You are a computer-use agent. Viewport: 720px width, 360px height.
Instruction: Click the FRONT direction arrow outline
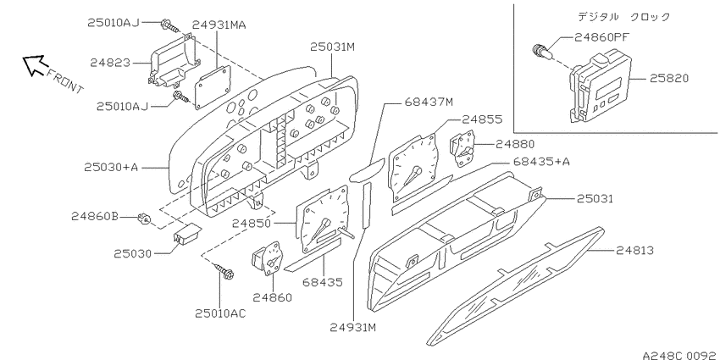point(33,65)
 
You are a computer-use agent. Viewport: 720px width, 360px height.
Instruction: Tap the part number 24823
point(111,63)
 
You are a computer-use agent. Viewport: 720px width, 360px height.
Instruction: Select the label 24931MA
point(219,25)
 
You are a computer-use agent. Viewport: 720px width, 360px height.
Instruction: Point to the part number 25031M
point(332,47)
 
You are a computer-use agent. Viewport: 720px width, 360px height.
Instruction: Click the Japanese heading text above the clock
point(624,17)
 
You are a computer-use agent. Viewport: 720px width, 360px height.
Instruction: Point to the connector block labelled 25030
point(186,233)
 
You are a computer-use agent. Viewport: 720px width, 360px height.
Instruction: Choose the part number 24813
point(635,250)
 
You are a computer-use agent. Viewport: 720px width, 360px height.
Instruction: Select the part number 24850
point(252,223)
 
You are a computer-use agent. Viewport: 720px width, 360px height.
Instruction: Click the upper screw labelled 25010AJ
point(169,25)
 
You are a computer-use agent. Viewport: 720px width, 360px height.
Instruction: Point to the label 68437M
point(429,102)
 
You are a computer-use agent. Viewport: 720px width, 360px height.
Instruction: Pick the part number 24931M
point(353,328)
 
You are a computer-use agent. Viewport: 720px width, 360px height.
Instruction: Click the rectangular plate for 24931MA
point(212,87)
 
